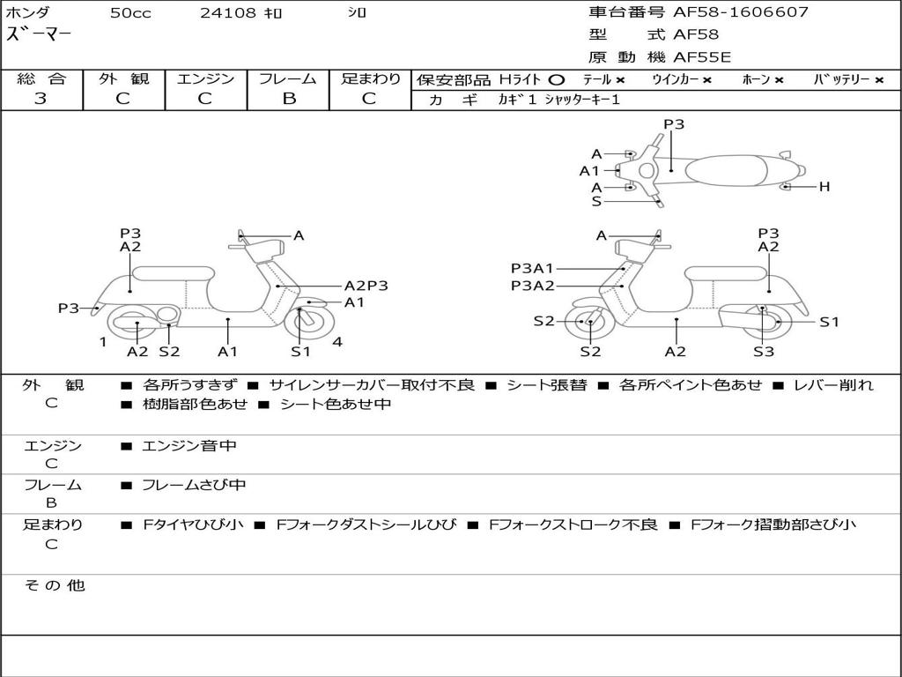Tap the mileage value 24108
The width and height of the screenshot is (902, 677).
pyautogui.click(x=228, y=13)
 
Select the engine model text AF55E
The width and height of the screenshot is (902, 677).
pyautogui.click(x=702, y=57)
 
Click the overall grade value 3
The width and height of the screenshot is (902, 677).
pyautogui.click(x=41, y=99)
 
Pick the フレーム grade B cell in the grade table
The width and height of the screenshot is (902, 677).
pyautogui.click(x=288, y=99)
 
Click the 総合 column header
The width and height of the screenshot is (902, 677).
pyautogui.click(x=41, y=79)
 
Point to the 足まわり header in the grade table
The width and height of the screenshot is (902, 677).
pyautogui.click(x=370, y=79)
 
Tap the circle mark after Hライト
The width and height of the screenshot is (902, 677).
pyautogui.click(x=556, y=80)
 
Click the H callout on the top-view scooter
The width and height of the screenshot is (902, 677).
pyautogui.click(x=824, y=187)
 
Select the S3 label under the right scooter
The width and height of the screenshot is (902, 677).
pyautogui.click(x=763, y=352)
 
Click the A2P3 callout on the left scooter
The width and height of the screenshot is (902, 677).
pyautogui.click(x=366, y=286)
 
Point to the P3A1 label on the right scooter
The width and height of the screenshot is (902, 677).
pyautogui.click(x=533, y=268)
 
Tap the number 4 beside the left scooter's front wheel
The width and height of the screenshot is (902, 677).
pyautogui.click(x=337, y=342)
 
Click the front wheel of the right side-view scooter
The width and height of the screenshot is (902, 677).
pyautogui.click(x=589, y=323)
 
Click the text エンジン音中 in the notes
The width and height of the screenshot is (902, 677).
pyautogui.click(x=189, y=446)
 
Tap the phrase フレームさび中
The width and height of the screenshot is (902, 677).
pyautogui.click(x=194, y=485)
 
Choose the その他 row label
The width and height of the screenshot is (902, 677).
pyautogui.click(x=55, y=585)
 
